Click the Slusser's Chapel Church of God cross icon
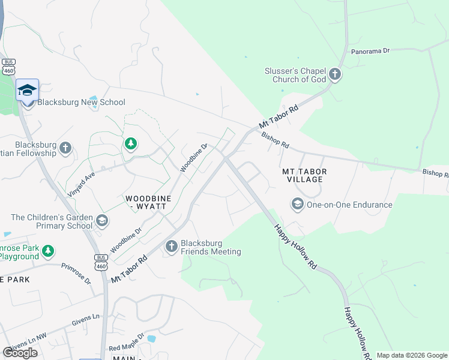(334, 75)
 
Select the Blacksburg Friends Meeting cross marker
(171, 247)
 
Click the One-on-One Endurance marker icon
(297, 205)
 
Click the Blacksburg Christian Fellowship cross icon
(65, 148)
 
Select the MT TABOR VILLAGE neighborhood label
(305, 175)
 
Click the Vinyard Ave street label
(82, 178)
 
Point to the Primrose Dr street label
(76, 273)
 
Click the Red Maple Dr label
(127, 343)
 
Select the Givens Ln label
(87, 318)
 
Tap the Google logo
(20, 353)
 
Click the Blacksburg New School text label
(82, 102)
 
